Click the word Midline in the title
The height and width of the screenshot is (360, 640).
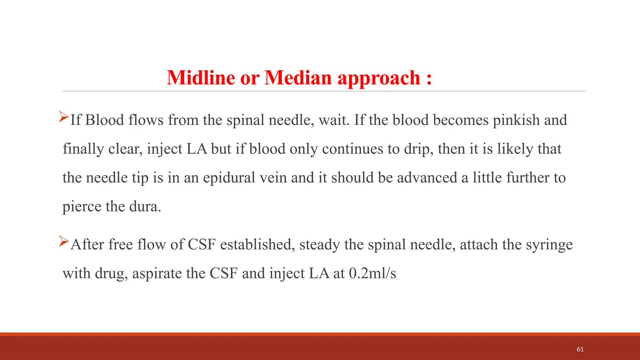coord(201,77)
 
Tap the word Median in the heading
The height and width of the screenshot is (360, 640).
coord(298,77)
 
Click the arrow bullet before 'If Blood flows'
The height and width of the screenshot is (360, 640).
coord(64,117)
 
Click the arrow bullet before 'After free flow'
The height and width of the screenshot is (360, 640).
coord(64,241)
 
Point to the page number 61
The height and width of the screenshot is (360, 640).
coord(580,349)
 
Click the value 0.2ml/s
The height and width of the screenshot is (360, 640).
coord(372,273)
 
